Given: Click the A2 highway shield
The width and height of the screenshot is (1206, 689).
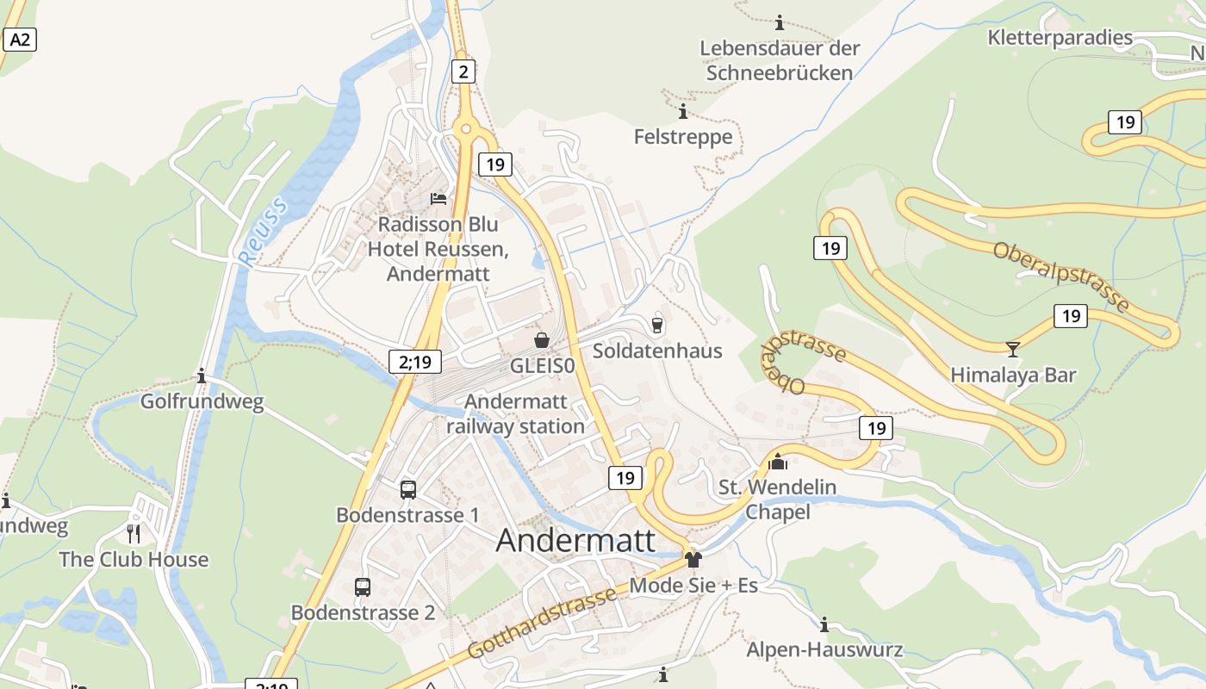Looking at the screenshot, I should pyautogui.click(x=20, y=39).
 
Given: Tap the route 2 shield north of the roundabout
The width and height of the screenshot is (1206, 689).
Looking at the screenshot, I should pyautogui.click(x=463, y=71).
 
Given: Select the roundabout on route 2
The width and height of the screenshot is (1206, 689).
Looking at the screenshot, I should pyautogui.click(x=466, y=129).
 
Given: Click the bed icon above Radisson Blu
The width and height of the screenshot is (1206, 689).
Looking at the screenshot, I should pyautogui.click(x=438, y=199).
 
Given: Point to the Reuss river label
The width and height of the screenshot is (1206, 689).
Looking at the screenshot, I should pyautogui.click(x=262, y=229).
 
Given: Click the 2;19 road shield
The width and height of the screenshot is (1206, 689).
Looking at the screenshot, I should pyautogui.click(x=415, y=362).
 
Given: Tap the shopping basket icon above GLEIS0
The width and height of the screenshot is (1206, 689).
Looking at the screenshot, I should pyautogui.click(x=542, y=340).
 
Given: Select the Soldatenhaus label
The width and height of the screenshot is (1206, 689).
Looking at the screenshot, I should pyautogui.click(x=657, y=351).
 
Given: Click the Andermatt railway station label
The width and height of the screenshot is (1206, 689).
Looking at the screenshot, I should pyautogui.click(x=515, y=413).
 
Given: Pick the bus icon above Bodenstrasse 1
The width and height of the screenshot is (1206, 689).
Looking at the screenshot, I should pyautogui.click(x=408, y=489).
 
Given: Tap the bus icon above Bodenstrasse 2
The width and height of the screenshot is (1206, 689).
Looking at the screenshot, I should pyautogui.click(x=363, y=587).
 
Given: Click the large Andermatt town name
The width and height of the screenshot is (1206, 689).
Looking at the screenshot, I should pyautogui.click(x=575, y=540).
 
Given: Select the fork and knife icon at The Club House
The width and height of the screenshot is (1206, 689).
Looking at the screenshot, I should pyautogui.click(x=134, y=534).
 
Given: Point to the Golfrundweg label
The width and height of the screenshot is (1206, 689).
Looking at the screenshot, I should pyautogui.click(x=202, y=401).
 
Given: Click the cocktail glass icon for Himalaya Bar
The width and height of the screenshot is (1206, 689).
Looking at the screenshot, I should pyautogui.click(x=1013, y=349).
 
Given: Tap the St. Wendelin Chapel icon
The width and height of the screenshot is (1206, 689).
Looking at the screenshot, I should pyautogui.click(x=778, y=462).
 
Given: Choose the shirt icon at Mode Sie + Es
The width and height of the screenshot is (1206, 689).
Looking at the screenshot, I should pyautogui.click(x=693, y=560).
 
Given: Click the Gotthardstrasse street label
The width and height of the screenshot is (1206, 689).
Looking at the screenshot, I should pyautogui.click(x=543, y=622).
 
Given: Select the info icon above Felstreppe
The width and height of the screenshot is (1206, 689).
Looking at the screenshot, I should pyautogui.click(x=683, y=112).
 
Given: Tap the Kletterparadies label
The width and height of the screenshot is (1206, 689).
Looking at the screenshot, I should pyautogui.click(x=1060, y=37).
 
